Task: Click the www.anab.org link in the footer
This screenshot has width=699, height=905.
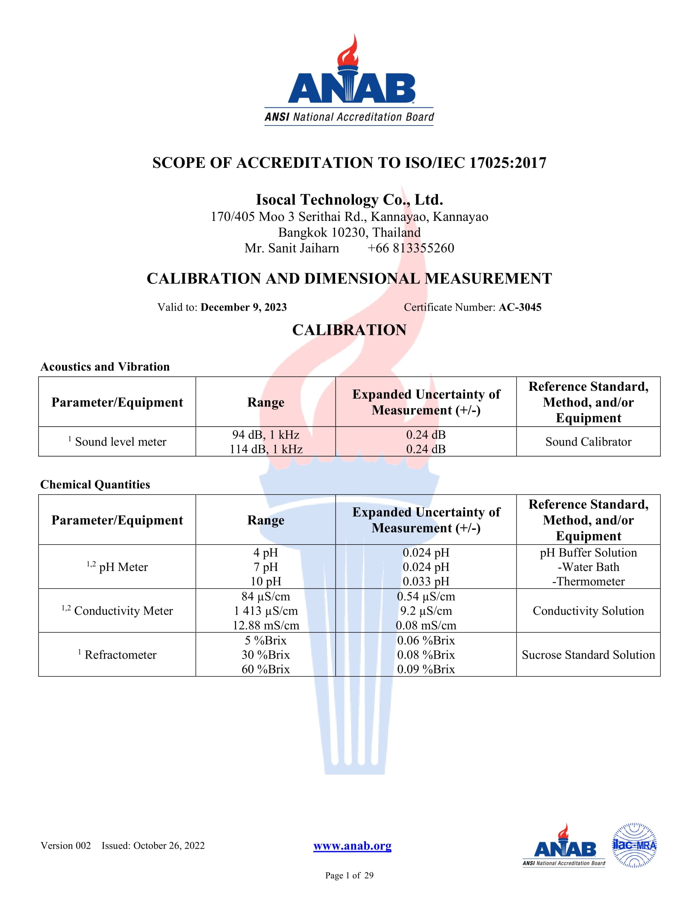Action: pos(352,846)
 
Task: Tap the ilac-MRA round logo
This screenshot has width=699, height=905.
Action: pos(634,845)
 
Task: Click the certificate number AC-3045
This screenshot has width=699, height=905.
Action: pos(520,307)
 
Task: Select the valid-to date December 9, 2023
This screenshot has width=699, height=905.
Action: pos(243,307)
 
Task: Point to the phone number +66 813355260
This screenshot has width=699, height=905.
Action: pos(410,248)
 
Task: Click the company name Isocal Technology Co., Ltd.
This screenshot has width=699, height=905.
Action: pos(349,200)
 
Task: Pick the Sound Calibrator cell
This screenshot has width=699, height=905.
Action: pos(588,442)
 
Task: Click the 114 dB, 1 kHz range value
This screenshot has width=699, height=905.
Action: pos(266,449)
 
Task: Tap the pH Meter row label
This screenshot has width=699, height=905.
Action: pos(123,567)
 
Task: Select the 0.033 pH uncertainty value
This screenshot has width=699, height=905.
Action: pos(426,581)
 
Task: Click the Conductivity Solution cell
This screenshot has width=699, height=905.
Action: pos(588,611)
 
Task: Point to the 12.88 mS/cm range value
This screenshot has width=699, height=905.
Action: pos(266,625)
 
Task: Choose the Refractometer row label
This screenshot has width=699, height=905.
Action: pos(120,655)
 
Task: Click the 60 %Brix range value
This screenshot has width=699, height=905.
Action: pos(266,669)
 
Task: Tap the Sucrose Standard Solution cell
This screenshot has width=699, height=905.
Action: pos(588,655)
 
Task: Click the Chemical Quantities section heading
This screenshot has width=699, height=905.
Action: pos(95,485)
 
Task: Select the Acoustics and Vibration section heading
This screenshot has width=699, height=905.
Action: pos(105,367)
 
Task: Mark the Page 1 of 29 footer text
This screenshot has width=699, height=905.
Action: pos(349,875)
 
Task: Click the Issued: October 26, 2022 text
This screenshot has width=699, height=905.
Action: pos(153,845)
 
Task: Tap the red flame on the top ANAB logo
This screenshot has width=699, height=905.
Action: pos(348,52)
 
